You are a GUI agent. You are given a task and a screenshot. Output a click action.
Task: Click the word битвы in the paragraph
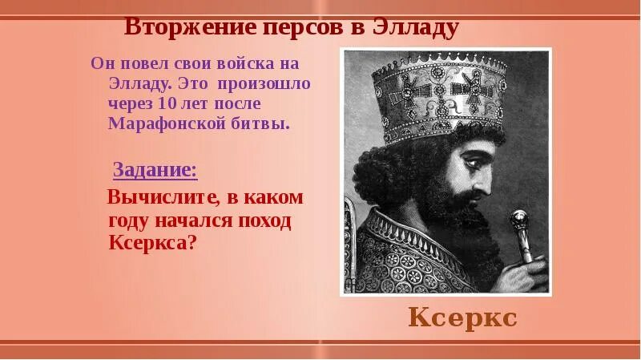click(261, 123)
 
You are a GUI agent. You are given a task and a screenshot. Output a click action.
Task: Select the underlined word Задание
click(155, 170)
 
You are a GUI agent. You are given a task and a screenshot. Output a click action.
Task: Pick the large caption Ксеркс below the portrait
click(462, 318)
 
